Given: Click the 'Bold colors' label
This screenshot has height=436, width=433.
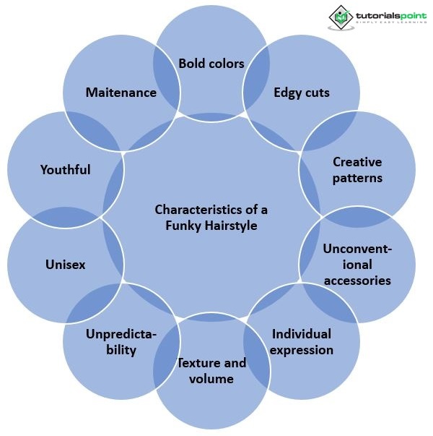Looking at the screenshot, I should click(x=211, y=64).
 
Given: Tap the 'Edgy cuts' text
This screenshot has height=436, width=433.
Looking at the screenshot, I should click(x=302, y=93).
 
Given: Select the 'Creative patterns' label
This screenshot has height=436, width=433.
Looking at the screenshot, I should click(x=357, y=170).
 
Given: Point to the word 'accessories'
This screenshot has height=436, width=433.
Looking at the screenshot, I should click(x=357, y=281).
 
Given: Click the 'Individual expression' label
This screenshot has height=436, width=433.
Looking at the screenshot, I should click(x=302, y=342).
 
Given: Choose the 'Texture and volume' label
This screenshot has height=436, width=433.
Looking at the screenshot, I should click(x=212, y=370).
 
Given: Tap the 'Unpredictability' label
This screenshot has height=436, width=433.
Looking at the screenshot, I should click(x=121, y=342).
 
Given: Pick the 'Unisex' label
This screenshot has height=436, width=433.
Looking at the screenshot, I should click(x=65, y=265).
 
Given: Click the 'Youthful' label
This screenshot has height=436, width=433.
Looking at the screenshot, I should click(x=65, y=170).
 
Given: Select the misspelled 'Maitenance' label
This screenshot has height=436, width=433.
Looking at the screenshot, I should click(x=121, y=93).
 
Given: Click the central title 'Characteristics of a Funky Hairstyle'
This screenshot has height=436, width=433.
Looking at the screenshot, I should click(x=211, y=218).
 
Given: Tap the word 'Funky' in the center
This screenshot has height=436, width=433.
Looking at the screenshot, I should click(x=181, y=226).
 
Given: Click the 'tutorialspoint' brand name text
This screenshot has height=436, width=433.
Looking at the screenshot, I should click(x=390, y=14).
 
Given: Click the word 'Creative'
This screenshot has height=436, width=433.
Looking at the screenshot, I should click(x=357, y=162).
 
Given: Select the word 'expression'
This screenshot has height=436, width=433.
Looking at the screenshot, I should click(x=302, y=351).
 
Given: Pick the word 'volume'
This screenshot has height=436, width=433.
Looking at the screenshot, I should click(x=212, y=378).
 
